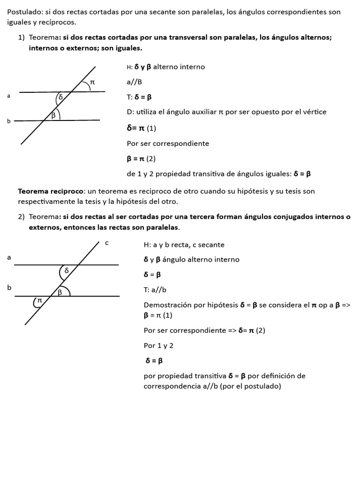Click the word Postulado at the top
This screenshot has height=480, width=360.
tap(24, 11)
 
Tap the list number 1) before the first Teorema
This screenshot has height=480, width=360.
tap(22, 37)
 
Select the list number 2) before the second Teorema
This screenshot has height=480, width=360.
tap(22, 217)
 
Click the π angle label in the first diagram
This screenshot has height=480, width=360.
tap(92, 82)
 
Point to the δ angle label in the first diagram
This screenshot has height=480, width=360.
tap(60, 97)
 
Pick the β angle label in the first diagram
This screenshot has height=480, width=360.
tap(54, 114)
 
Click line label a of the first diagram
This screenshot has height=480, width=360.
tap(8, 96)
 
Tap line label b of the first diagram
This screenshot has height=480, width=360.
tap(8, 121)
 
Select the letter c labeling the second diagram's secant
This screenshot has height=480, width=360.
tap(107, 242)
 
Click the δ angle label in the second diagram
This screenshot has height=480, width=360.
tap(67, 270)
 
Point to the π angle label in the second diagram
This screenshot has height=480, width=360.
tap(40, 300)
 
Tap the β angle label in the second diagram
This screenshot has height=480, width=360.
tap(60, 292)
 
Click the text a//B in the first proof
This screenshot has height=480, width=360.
tap(134, 82)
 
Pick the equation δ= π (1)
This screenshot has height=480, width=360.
tap(141, 128)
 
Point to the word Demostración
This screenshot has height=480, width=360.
tap(167, 305)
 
